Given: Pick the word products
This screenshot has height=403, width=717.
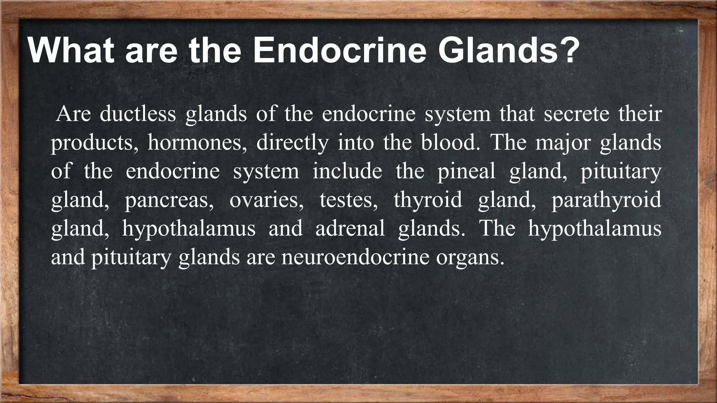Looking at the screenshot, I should tap(94, 143).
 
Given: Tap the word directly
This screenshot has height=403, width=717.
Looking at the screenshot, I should tap(292, 143).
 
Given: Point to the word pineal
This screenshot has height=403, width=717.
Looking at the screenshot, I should tap(466, 172).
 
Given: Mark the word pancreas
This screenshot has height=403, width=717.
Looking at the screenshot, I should tap(169, 200).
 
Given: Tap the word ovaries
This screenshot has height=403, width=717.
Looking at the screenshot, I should tap(266, 200).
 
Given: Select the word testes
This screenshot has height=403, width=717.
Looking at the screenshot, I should tap(348, 200).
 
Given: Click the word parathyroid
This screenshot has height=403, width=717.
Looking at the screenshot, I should tap(606, 200).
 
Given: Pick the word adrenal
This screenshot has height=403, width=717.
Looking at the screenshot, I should tap(350, 228).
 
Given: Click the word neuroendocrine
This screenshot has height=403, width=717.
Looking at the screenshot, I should tap(355, 257).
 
